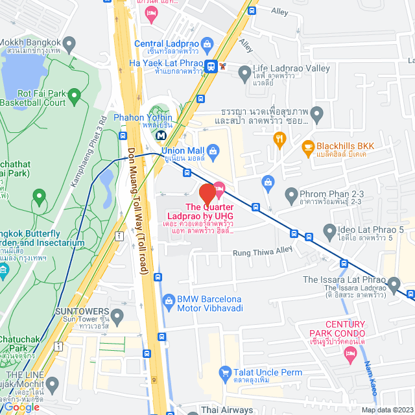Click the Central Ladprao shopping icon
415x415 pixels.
tap(207, 45)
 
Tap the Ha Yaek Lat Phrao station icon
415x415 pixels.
tap(211, 65)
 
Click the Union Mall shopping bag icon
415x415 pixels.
tap(213, 151)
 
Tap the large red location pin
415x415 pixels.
tap(207, 195)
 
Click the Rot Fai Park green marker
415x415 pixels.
tap(74, 97)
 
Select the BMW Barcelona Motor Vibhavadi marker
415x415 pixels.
tap(168, 300)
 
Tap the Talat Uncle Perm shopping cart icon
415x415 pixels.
tap(225, 372)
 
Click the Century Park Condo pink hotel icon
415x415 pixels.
tap(351, 355)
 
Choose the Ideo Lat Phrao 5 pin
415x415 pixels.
tap(330, 230)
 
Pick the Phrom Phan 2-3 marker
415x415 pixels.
tap(291, 194)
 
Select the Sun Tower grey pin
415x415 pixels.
tap(117, 316)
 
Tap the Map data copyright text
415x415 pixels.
tap(386, 410)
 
